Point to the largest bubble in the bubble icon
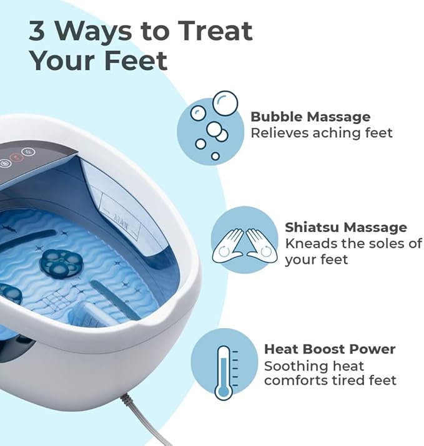(x=225, y=102)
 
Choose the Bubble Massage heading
(x=310, y=117)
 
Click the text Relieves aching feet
(x=322, y=132)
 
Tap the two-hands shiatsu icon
(x=244, y=242)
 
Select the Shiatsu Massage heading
(x=345, y=227)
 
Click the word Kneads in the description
(x=309, y=243)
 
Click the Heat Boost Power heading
(x=330, y=349)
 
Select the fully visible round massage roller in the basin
(x=61, y=263)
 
